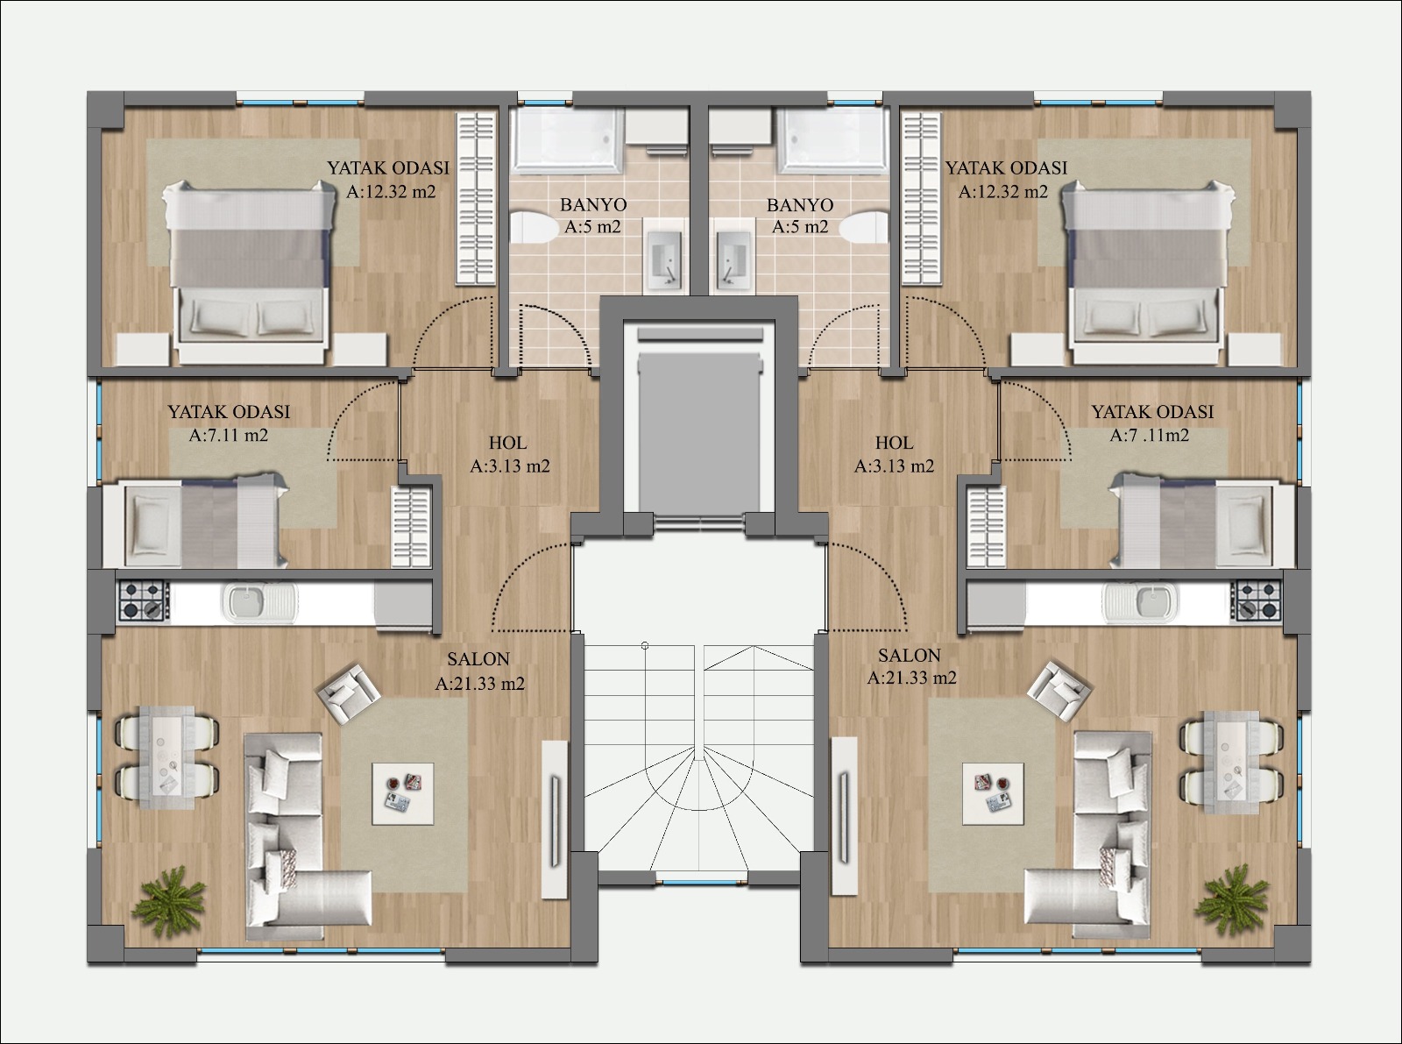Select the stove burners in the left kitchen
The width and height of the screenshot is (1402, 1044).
tap(144, 600)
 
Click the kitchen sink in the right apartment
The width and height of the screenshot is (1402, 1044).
tap(1141, 601)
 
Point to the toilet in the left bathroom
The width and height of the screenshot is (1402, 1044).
tap(533, 229)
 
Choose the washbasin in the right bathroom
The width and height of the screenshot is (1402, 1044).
tap(735, 256)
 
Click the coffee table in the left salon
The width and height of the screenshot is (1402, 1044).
tap(403, 793)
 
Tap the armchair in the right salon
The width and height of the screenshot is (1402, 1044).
tap(1059, 691)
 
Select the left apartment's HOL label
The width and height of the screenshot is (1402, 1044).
tap(507, 443)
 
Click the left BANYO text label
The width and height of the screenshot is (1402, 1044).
tap(593, 205)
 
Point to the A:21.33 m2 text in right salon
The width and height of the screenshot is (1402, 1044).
tap(911, 678)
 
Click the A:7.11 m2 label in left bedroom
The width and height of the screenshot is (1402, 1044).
tap(228, 435)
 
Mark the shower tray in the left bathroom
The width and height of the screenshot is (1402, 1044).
tap(568, 140)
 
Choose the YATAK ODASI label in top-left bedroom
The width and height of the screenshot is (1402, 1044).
tap(388, 168)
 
